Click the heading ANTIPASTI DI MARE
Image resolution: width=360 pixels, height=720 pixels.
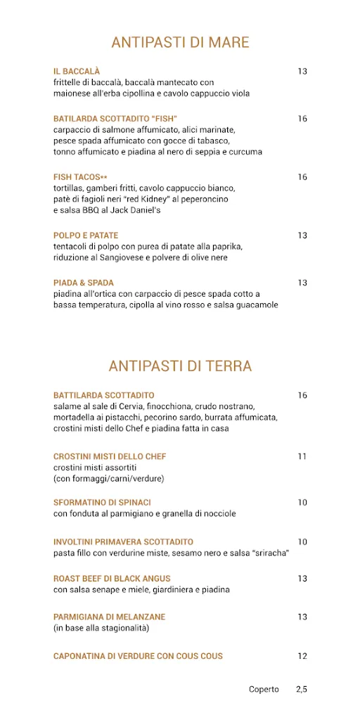click(180, 42)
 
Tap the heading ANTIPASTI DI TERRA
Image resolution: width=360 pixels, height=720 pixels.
click(180, 366)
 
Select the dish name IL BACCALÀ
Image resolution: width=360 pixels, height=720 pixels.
click(77, 71)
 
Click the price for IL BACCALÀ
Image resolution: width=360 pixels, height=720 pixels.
click(302, 71)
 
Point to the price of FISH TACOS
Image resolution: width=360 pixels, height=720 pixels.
click(302, 177)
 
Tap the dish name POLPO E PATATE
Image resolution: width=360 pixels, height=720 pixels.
click(86, 236)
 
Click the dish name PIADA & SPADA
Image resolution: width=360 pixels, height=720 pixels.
click(84, 283)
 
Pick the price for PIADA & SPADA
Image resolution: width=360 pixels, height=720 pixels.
click(302, 283)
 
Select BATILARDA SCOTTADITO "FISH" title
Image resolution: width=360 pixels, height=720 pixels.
click(115, 118)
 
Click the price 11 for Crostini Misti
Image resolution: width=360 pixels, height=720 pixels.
click(302, 456)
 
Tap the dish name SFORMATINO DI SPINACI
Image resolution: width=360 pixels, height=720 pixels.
click(102, 502)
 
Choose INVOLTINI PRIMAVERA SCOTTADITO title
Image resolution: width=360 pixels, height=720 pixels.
click(123, 542)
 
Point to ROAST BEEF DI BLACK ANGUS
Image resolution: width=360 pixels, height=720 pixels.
click(112, 579)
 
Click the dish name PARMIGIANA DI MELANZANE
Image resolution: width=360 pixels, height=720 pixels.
click(109, 617)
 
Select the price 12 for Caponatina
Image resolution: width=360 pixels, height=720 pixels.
click(302, 656)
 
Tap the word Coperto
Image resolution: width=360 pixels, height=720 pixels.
click(264, 690)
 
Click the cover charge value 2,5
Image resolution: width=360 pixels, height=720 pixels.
click(302, 690)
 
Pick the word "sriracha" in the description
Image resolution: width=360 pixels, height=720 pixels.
click(269, 553)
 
